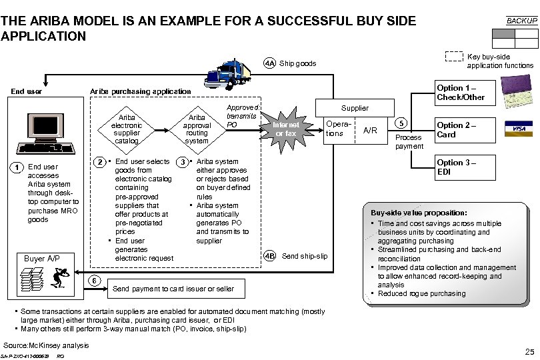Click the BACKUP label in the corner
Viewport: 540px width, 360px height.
click(x=521, y=21)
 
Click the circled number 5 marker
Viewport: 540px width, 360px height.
click(x=401, y=123)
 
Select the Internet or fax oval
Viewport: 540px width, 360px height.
click(x=285, y=129)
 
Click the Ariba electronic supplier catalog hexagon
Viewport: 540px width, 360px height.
click(x=127, y=129)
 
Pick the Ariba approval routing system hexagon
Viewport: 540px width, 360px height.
click(x=197, y=129)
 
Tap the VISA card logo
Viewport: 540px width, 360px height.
click(x=517, y=128)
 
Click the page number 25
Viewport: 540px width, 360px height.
click(x=529, y=351)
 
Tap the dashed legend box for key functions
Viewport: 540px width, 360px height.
click(x=454, y=57)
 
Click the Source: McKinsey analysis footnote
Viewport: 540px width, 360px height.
click(x=46, y=345)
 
